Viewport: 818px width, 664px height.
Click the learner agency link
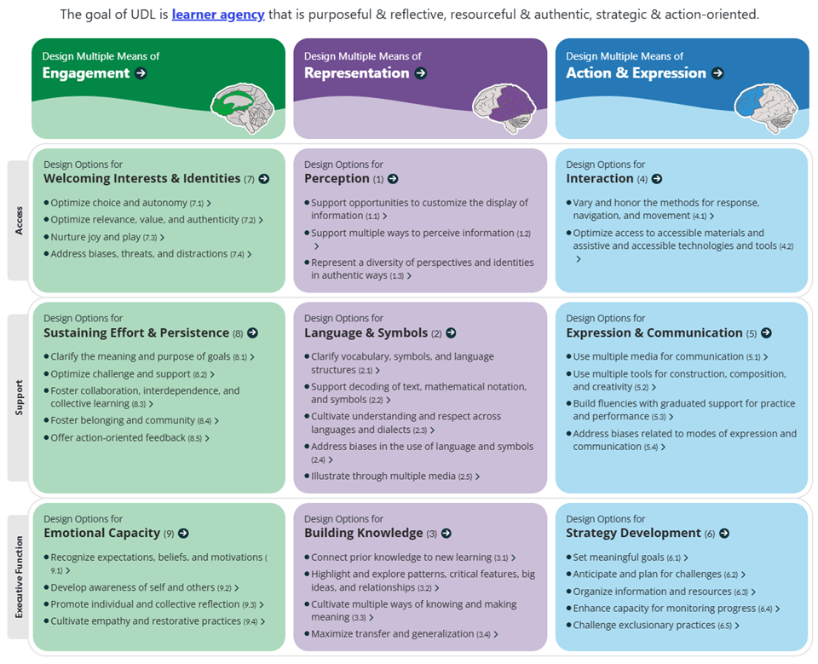(218, 14)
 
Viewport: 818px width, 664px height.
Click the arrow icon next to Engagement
(141, 73)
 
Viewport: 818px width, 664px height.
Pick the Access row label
(19, 220)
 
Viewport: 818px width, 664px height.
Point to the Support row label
(19, 397)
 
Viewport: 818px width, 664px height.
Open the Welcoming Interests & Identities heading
(141, 179)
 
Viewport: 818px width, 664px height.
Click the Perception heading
(337, 179)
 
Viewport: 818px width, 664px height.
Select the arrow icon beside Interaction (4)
(655, 179)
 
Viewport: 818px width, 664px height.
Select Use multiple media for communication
(659, 356)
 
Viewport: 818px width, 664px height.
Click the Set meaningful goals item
(619, 557)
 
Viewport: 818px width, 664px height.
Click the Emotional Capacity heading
(102, 534)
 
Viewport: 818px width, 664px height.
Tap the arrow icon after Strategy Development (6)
(724, 534)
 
